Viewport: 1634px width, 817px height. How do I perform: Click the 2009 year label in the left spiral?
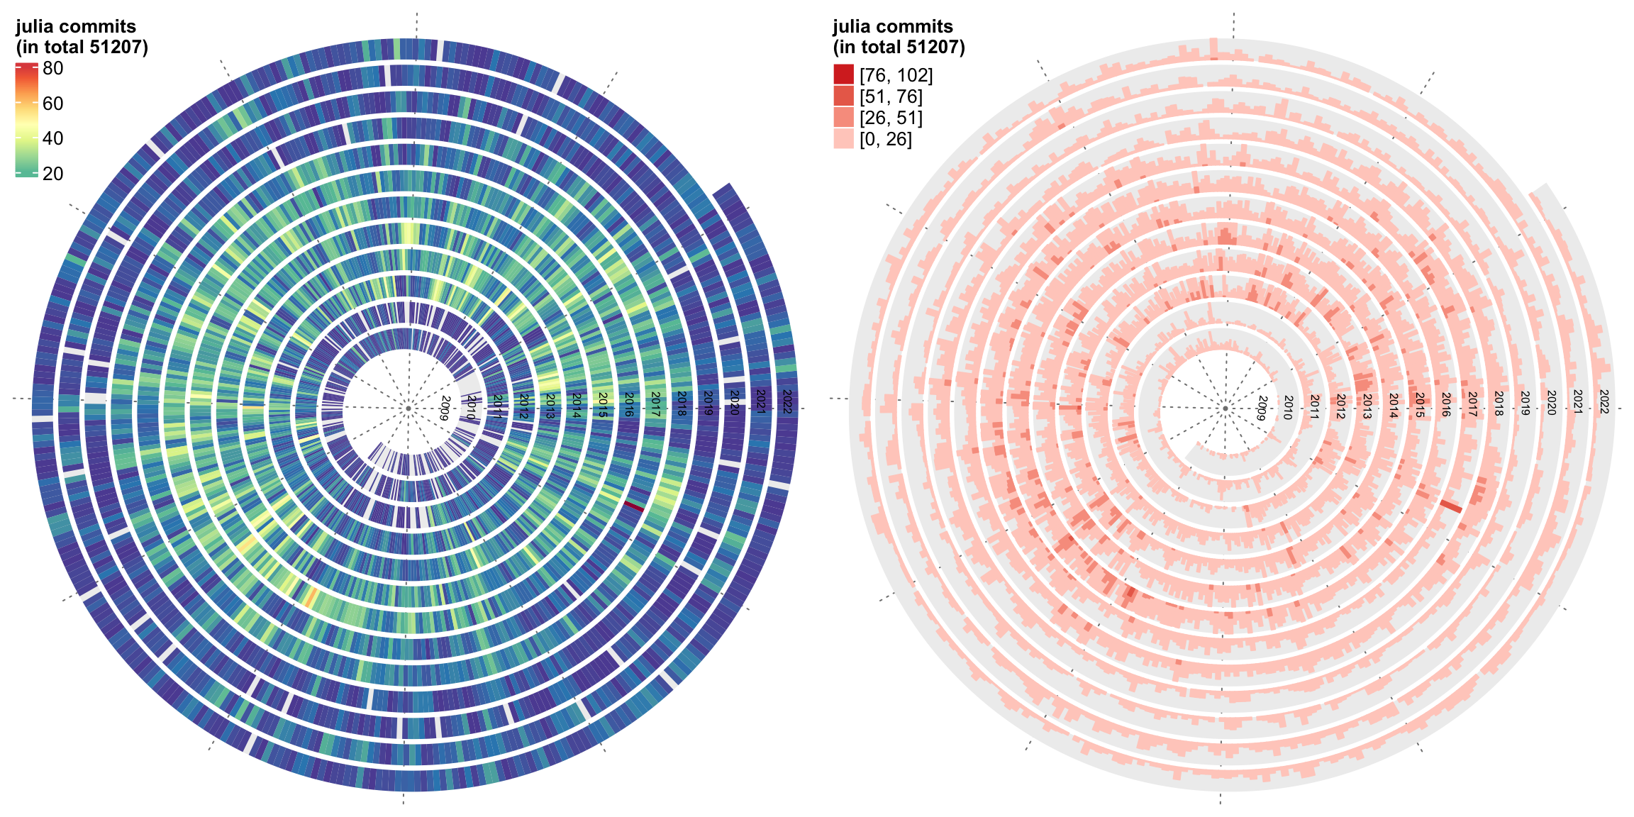(445, 408)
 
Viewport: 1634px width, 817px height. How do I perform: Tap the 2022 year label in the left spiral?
(787, 401)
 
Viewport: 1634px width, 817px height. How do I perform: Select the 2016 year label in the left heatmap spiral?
(629, 404)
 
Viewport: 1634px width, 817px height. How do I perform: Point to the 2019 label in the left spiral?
(708, 402)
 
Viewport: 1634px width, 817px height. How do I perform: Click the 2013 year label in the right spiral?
(1367, 406)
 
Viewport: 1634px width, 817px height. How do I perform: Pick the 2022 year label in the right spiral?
(1604, 401)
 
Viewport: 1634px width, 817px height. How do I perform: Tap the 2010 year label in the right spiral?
(1288, 408)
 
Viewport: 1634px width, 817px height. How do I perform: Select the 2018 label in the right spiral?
(1499, 403)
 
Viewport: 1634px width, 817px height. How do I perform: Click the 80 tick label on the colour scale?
(53, 69)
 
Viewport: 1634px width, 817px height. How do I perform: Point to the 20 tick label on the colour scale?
(53, 174)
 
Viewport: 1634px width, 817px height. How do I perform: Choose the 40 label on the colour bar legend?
(53, 138)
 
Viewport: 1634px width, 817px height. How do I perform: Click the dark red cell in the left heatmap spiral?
(634, 506)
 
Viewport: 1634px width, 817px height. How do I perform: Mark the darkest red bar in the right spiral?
(1451, 506)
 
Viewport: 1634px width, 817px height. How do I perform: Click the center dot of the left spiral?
(408, 408)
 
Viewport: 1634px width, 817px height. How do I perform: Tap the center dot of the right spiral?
(1225, 408)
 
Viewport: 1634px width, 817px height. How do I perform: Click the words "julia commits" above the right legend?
(892, 27)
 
